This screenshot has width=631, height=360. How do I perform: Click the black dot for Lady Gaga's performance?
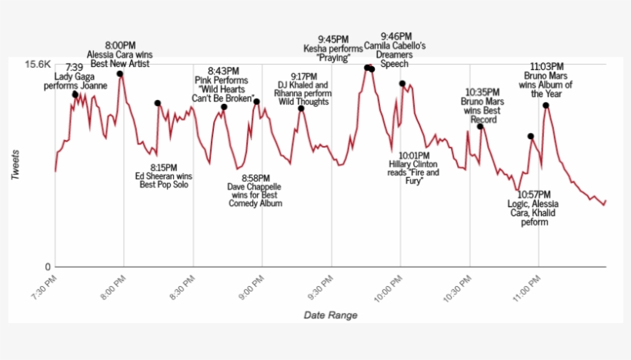(75, 94)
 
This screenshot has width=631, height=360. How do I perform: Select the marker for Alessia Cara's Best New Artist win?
(119, 74)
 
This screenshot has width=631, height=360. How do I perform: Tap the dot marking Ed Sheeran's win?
(157, 103)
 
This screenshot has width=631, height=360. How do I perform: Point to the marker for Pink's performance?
(224, 107)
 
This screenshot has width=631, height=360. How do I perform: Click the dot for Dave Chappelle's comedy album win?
(257, 102)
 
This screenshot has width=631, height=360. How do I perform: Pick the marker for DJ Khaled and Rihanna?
(302, 108)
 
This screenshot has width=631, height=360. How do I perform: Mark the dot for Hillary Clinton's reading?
(402, 84)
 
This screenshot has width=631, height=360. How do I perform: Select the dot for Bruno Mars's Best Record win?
(480, 126)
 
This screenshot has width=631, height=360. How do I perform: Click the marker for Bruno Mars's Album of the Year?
(546, 105)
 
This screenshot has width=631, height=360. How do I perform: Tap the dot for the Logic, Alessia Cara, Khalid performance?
(530, 136)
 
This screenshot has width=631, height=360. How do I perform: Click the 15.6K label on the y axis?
(38, 65)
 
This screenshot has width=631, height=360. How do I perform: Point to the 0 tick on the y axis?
(48, 267)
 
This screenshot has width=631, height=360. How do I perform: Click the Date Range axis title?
(330, 315)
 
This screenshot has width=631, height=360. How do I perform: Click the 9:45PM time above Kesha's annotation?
(334, 38)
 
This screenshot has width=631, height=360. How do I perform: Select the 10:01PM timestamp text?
(413, 155)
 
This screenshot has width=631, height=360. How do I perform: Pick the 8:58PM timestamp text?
(255, 178)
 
